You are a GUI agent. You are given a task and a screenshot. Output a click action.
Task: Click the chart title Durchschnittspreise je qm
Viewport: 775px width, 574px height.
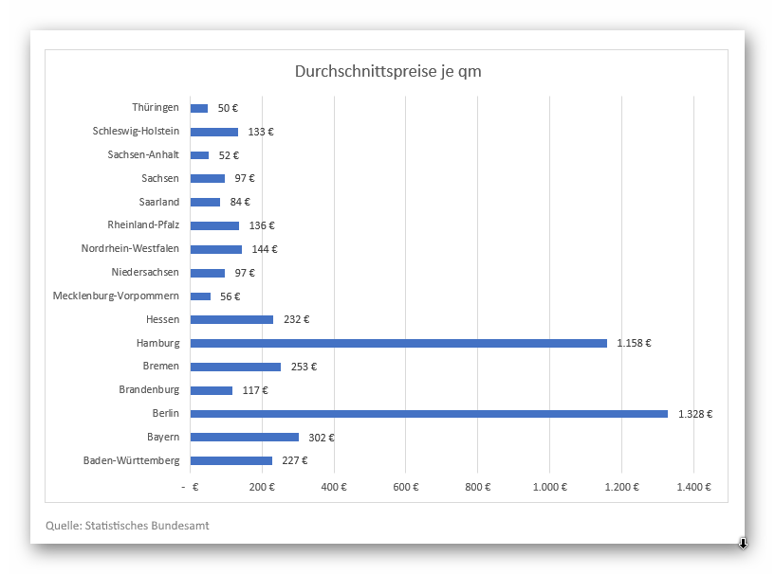coord(387,72)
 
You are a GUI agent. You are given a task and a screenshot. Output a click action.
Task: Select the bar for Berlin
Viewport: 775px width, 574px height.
coord(429,414)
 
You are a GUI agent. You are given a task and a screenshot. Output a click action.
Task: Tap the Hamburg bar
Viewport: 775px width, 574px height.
coord(398,343)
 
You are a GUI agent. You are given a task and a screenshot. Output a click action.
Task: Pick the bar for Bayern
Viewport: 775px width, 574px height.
coord(245,438)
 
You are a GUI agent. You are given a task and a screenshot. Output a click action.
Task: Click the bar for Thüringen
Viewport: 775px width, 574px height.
coord(199,109)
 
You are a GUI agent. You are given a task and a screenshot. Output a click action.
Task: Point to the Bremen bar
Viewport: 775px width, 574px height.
coord(235,367)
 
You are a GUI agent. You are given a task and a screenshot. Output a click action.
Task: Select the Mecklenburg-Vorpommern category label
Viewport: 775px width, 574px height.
coord(116,296)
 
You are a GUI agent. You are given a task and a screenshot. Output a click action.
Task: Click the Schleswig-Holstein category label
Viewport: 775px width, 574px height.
coord(136,132)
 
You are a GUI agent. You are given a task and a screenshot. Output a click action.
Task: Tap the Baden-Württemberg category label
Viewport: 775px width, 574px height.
coord(131,461)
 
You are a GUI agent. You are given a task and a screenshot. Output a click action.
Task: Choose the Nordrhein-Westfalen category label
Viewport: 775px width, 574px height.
coord(130,249)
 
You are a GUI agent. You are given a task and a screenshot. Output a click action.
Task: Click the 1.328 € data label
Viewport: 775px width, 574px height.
coord(695,414)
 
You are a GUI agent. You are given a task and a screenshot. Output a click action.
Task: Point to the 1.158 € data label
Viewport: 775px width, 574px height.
coord(634,343)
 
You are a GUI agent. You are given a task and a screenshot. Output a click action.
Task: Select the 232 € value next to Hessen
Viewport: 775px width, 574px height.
coord(296,320)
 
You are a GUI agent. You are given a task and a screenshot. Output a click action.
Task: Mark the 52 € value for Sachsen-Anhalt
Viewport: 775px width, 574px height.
coord(229,155)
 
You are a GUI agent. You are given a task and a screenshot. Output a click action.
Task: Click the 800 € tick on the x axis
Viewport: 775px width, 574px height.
coord(478,487)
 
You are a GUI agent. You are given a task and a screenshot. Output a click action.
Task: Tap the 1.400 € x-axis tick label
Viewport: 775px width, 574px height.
coord(693,487)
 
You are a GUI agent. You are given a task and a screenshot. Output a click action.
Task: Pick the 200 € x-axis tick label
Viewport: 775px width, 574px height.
coord(262,487)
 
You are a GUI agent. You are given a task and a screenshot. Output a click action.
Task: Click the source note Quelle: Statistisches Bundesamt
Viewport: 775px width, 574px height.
coord(127,525)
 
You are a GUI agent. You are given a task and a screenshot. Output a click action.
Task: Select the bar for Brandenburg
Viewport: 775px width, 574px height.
coord(212,390)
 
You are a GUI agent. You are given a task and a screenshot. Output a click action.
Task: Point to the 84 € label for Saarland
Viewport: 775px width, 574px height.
coord(240,203)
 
